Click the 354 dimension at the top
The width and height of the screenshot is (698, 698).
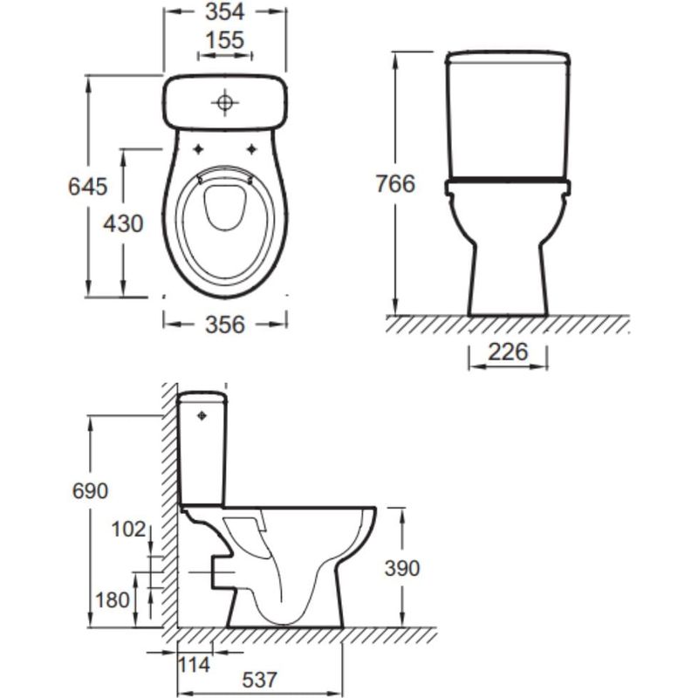point(225,12)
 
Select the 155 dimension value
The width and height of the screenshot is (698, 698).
point(225,40)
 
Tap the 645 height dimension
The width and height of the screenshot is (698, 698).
point(88,186)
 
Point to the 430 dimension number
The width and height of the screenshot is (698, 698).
point(123,223)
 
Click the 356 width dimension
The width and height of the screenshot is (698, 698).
point(225,325)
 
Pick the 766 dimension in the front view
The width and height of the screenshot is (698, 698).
point(395,183)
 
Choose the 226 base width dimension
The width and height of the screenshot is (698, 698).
point(508,352)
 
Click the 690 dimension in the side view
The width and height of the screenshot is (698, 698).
point(91,491)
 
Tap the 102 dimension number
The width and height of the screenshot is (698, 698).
point(128,530)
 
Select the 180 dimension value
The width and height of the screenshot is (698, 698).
point(113,600)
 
